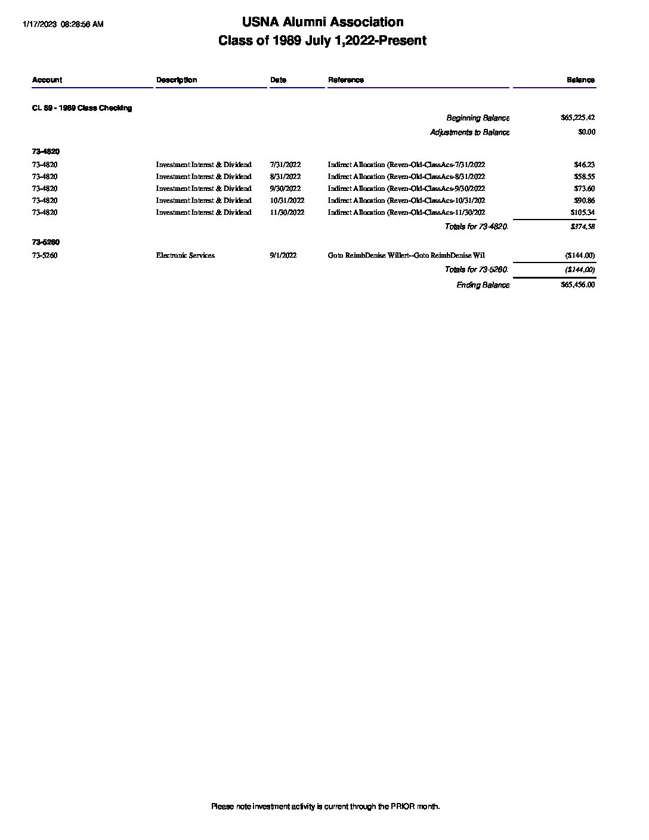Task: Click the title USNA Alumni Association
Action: click(323, 22)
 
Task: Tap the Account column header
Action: click(47, 80)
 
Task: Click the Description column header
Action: click(177, 80)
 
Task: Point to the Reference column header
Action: click(346, 80)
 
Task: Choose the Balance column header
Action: click(580, 80)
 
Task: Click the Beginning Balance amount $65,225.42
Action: click(577, 118)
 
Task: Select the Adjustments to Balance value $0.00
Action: click(586, 132)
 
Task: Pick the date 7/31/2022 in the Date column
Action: click(285, 165)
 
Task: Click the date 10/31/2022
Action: click(287, 200)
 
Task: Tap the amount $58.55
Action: click(583, 177)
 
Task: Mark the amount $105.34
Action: click(582, 212)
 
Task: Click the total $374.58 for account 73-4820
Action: click(582, 227)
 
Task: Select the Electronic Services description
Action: click(186, 255)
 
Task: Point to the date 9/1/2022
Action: click(283, 255)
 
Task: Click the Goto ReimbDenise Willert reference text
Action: click(406, 255)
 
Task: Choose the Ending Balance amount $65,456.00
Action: click(577, 285)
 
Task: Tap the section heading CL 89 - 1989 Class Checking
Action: click(82, 108)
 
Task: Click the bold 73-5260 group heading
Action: click(46, 242)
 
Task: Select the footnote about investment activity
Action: click(325, 807)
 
